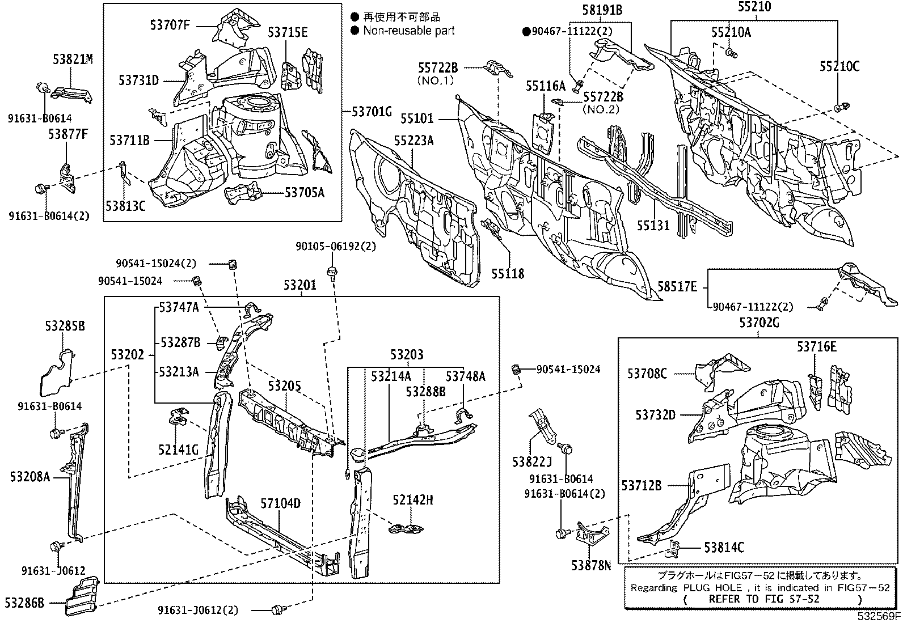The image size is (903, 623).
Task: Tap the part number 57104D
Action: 280,503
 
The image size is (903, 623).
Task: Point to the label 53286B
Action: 24,602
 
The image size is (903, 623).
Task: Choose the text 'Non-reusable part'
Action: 409,31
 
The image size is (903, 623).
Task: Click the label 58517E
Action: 677,287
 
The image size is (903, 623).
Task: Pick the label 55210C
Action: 839,66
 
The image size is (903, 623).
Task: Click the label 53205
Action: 284,386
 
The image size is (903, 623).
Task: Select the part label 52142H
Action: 413,499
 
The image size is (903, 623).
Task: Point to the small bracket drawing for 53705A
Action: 243,194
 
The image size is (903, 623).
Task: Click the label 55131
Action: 652,226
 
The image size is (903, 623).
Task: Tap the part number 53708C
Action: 647,373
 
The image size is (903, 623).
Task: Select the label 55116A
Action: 545,86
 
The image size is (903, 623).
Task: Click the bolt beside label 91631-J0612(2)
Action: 277,609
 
